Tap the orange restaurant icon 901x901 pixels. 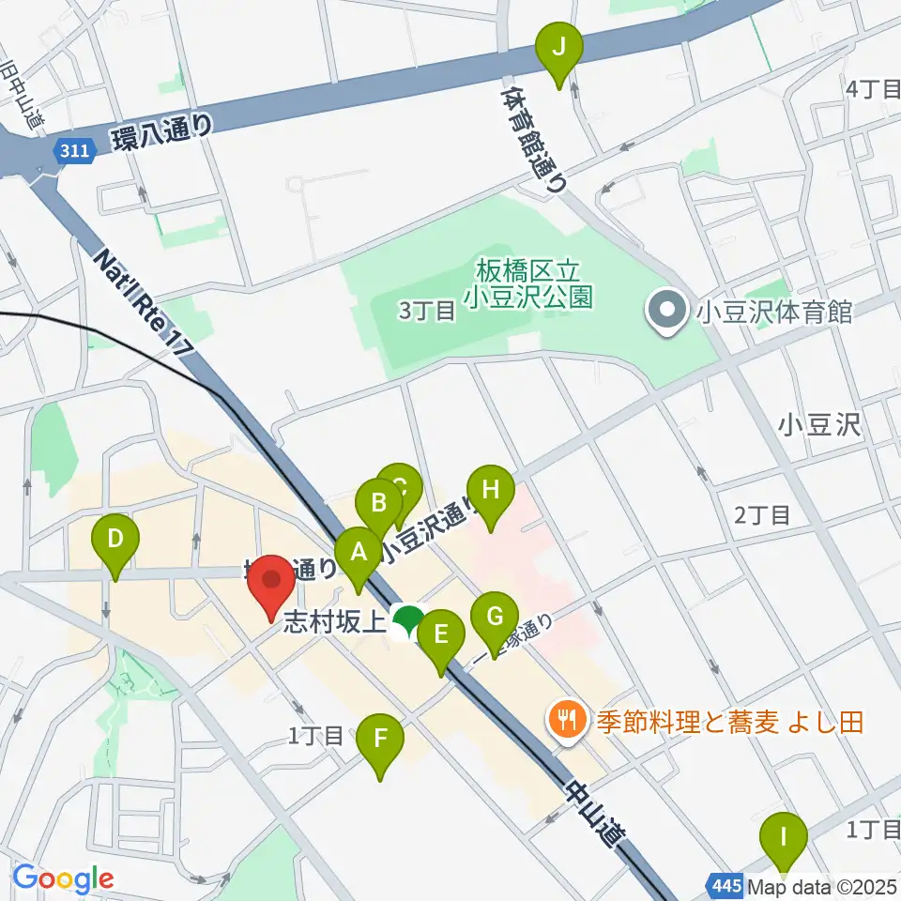pyautogui.click(x=565, y=721)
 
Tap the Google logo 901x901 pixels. pyautogui.click(x=62, y=879)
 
